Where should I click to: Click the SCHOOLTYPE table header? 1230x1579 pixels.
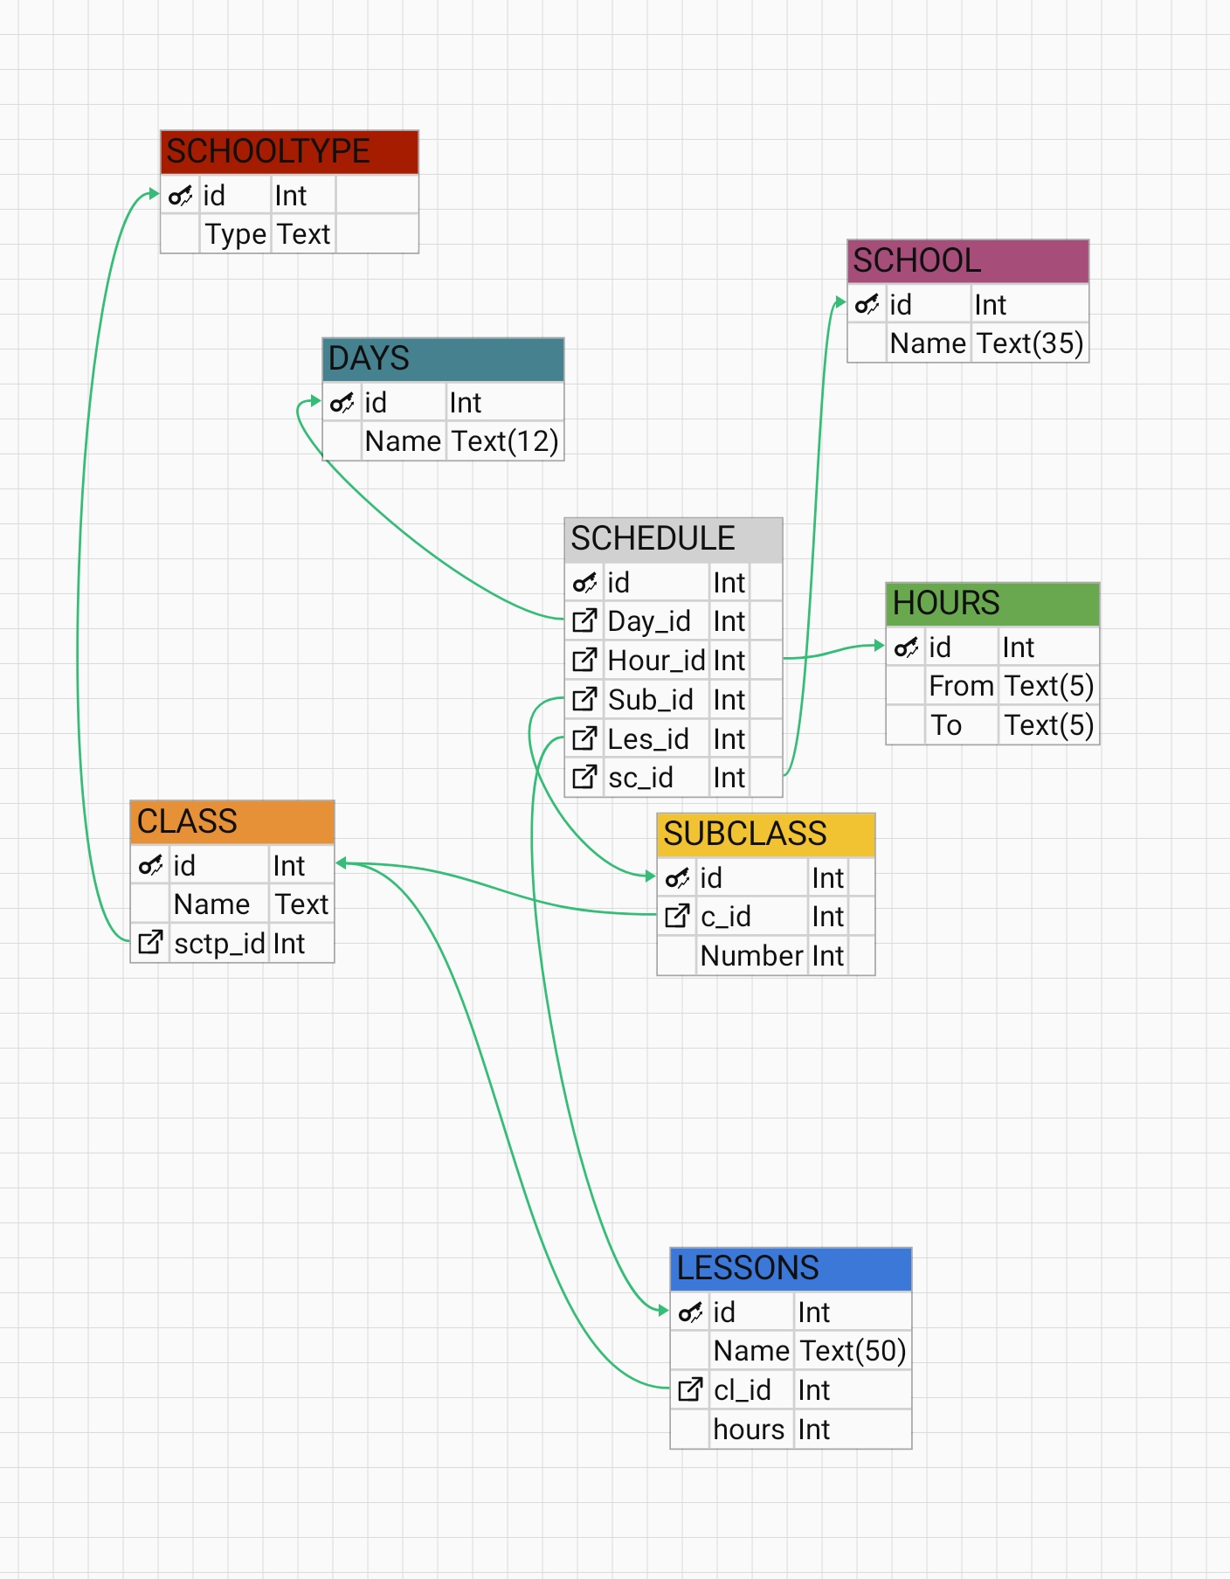tap(289, 152)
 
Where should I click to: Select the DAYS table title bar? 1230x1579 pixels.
tap(443, 359)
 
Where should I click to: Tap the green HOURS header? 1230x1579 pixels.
tap(992, 604)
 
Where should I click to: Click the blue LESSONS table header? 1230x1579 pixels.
tap(791, 1269)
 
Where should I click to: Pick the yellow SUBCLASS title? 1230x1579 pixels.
tap(765, 835)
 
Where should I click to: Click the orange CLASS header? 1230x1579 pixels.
tap(231, 822)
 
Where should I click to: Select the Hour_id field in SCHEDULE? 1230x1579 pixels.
tap(656, 661)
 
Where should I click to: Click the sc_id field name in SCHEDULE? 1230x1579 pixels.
tap(640, 778)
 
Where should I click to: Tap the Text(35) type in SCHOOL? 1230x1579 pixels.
tap(1030, 344)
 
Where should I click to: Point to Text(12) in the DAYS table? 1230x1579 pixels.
tap(505, 442)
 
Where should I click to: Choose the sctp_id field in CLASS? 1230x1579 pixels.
tap(219, 944)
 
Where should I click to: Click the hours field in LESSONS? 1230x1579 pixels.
tap(749, 1430)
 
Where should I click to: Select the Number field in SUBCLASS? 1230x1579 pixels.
tap(751, 956)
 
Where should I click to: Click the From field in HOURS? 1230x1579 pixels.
tap(961, 687)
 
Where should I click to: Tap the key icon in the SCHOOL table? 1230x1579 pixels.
tap(867, 305)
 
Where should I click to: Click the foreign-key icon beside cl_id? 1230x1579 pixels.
tap(690, 1389)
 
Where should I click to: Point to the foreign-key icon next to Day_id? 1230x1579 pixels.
tap(584, 621)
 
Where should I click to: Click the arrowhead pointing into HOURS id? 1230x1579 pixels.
tap(879, 646)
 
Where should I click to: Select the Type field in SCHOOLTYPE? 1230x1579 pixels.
tap(235, 235)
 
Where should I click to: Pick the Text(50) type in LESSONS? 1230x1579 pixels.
tap(853, 1352)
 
